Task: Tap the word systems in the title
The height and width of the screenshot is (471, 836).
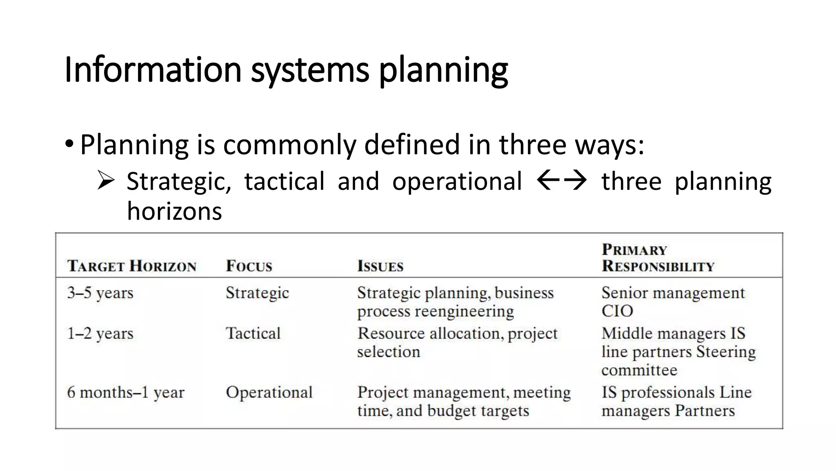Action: [310, 70]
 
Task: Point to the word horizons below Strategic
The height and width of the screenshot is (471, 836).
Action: [174, 211]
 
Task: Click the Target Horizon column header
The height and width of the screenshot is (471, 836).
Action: [132, 266]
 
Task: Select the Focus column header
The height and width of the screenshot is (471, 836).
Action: [249, 266]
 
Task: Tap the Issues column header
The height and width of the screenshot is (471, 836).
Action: [380, 266]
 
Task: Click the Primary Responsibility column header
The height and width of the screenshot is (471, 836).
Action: [658, 258]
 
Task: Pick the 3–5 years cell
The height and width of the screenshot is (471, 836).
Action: [100, 293]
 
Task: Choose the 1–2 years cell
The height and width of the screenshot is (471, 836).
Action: [100, 334]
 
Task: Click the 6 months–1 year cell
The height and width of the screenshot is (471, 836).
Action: [126, 392]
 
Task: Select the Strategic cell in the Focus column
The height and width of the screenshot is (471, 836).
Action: [257, 293]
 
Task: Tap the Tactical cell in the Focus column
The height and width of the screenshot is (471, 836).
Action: [253, 334]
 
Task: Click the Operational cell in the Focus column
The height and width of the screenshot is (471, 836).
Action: [269, 392]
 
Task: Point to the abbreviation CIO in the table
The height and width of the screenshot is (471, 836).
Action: [617, 311]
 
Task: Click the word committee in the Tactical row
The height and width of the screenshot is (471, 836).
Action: [639, 370]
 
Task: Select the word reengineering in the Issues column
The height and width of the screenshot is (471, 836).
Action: [465, 312]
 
